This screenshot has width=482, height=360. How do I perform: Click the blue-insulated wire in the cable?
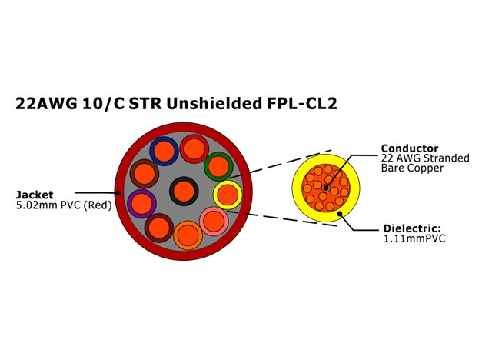coord(164,151)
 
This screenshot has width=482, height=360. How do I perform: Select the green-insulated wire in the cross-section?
coord(218,166)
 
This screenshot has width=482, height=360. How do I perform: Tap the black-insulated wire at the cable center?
coord(184,191)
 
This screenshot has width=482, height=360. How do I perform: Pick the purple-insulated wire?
coord(141,204)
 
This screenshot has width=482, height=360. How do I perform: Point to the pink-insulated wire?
coord(214,222)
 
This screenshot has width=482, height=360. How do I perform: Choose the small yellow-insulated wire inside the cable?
coord(228,195)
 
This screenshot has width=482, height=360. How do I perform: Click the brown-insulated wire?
coord(145,174)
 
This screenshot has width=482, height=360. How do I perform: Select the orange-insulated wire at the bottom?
coord(188,235)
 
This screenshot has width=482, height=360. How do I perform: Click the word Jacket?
coord(35,195)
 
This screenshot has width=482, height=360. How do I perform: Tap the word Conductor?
coord(410,148)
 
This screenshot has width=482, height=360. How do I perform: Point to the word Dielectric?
coord(412,228)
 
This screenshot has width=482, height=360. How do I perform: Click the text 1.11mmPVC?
coord(414,238)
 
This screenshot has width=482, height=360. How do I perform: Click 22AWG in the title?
coord(46,103)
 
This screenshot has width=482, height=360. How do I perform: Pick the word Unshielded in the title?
coord(213,103)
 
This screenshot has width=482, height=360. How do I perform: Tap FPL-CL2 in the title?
coord(302,103)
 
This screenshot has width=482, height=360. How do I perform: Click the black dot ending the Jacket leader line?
coord(118,193)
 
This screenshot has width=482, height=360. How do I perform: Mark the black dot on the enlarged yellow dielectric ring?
coord(340,214)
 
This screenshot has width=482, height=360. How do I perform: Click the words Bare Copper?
coord(412,168)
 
